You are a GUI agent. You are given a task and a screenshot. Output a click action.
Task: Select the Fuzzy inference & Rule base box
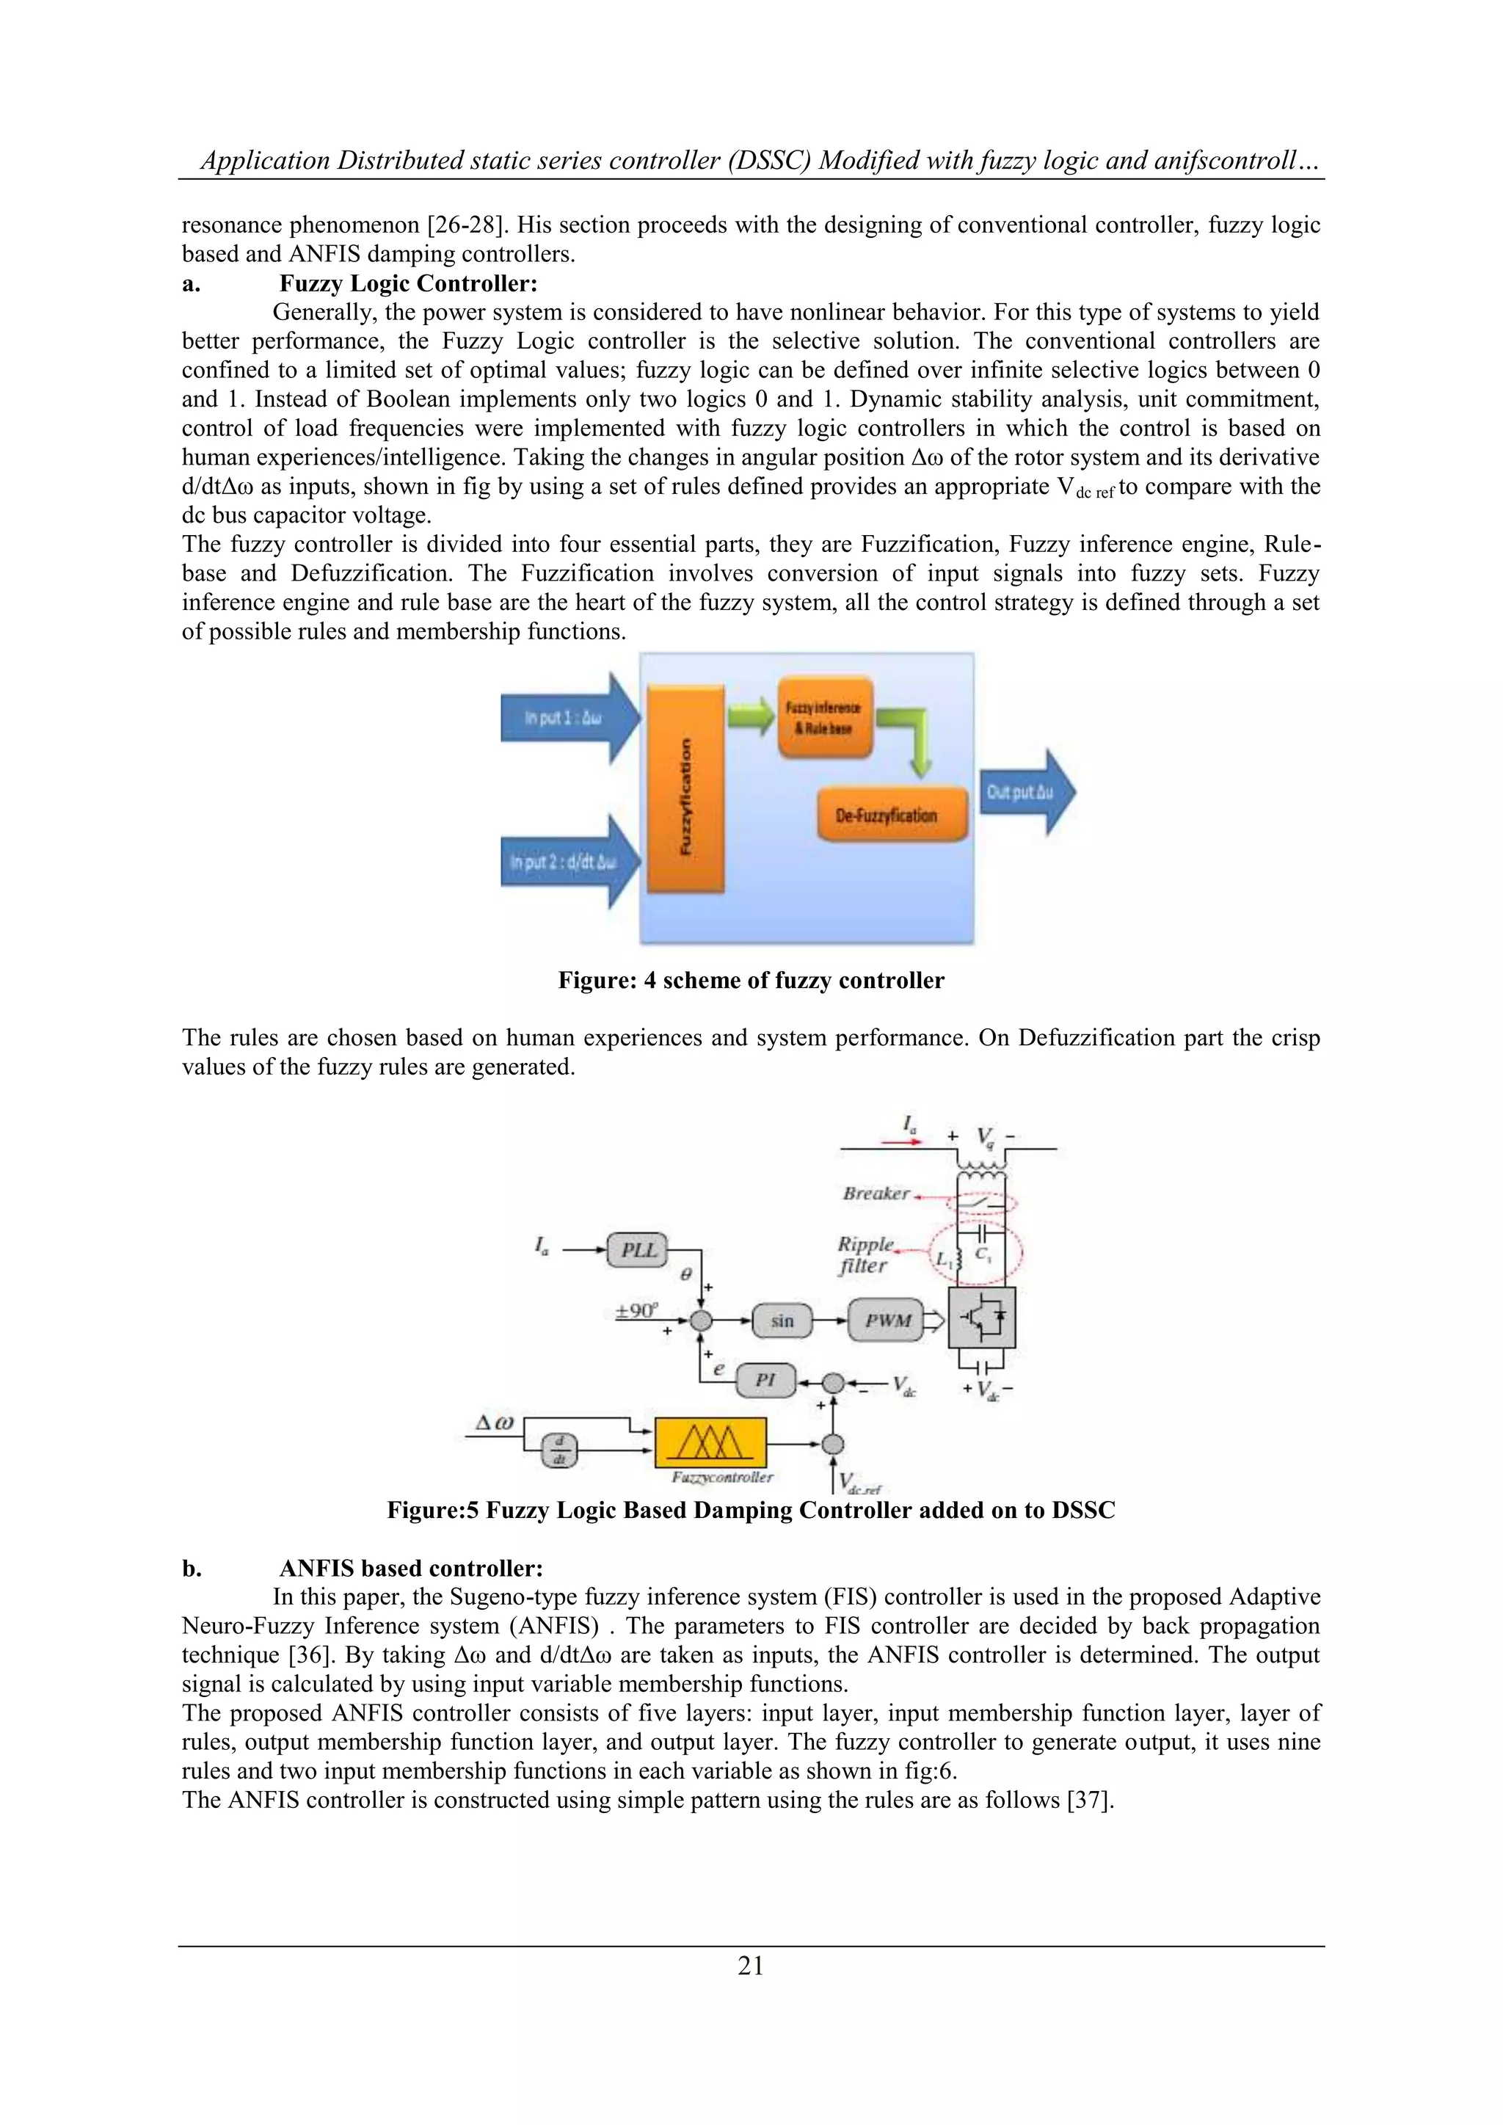[x=825, y=717]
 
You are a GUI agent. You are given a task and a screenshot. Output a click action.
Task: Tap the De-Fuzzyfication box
[x=892, y=816]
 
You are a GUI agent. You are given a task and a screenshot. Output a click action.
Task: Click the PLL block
[x=638, y=1249]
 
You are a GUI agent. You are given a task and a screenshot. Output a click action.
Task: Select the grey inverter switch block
[x=983, y=1317]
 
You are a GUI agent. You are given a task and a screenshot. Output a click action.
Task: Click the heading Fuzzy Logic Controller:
[x=408, y=283]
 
